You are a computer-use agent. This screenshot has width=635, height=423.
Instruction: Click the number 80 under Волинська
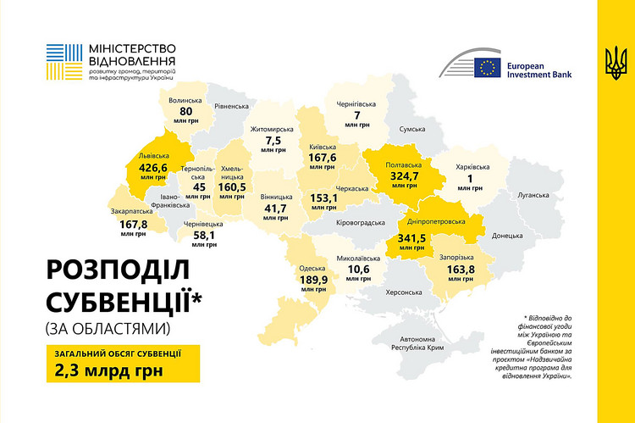[x=186, y=112]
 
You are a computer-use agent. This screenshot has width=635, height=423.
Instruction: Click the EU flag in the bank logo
[x=487, y=68]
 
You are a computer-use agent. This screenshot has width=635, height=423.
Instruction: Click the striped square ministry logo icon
[x=63, y=56]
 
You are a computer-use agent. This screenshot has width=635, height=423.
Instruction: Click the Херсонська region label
[x=403, y=292]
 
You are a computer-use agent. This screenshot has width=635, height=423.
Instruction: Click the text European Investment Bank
[x=537, y=69]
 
